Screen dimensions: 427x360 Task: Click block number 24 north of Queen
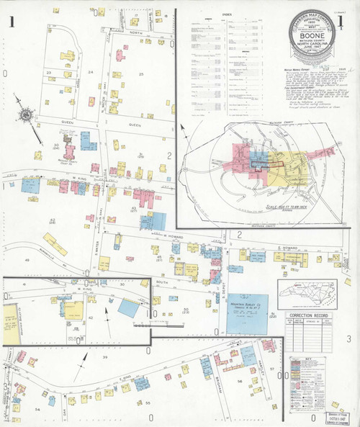[91, 73]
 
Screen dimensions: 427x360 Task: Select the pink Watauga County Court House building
[71, 151]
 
